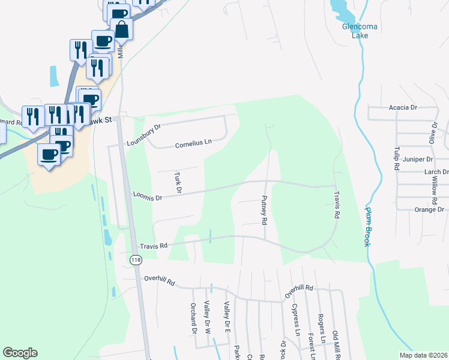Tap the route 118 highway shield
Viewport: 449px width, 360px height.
(x=136, y=259)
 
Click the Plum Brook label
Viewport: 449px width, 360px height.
(x=367, y=226)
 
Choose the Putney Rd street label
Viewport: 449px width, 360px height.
(x=264, y=209)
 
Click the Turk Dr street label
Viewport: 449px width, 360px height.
(x=178, y=183)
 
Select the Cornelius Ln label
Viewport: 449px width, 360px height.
(x=194, y=145)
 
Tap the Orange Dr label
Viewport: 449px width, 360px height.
(x=429, y=209)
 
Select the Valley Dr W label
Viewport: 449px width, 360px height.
(x=207, y=318)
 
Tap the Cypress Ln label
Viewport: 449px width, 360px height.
(x=295, y=319)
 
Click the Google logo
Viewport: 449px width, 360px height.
(x=20, y=353)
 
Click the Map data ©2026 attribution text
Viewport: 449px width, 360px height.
(x=423, y=355)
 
